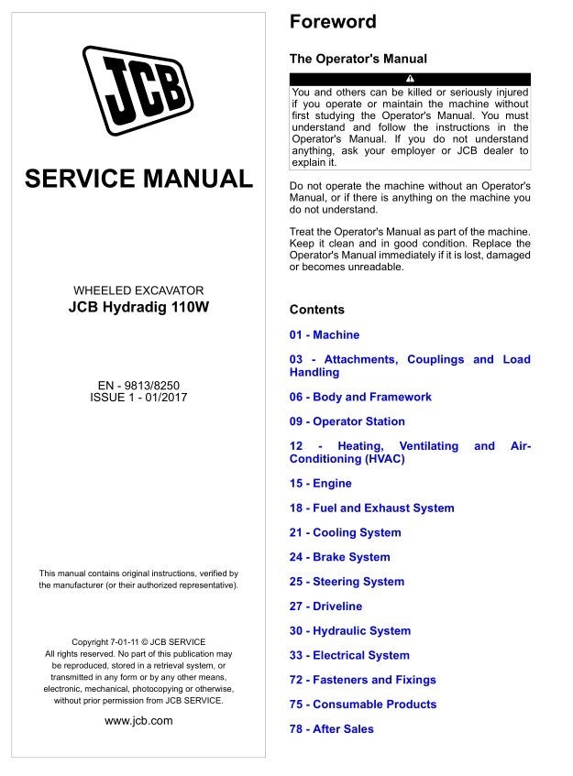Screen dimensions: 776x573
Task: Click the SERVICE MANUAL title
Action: tap(139, 178)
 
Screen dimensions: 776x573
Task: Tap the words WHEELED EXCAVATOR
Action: tap(138, 290)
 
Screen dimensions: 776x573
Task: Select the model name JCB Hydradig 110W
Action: tap(138, 308)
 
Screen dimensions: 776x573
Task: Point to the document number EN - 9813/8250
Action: tap(138, 386)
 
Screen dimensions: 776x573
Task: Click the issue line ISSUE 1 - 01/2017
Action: tap(138, 399)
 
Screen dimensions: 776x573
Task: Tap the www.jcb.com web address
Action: tap(138, 721)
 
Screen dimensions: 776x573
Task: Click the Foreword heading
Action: tap(333, 22)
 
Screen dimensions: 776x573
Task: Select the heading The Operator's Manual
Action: tap(358, 59)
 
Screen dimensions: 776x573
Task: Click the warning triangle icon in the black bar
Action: tap(410, 78)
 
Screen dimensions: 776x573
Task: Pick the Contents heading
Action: tap(317, 310)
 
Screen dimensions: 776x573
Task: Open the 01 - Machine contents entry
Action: tap(325, 335)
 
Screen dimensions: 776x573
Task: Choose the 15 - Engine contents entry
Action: tap(321, 483)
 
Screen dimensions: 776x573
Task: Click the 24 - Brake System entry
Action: tap(339, 557)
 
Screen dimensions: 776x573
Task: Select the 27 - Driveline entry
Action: tap(325, 607)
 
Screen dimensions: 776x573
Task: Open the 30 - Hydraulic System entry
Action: tap(350, 631)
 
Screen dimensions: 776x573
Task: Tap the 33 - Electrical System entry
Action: tap(349, 656)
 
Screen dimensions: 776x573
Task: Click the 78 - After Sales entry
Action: tap(332, 729)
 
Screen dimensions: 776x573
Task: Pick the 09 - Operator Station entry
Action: tap(347, 422)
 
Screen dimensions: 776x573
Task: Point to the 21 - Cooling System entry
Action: tap(345, 532)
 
